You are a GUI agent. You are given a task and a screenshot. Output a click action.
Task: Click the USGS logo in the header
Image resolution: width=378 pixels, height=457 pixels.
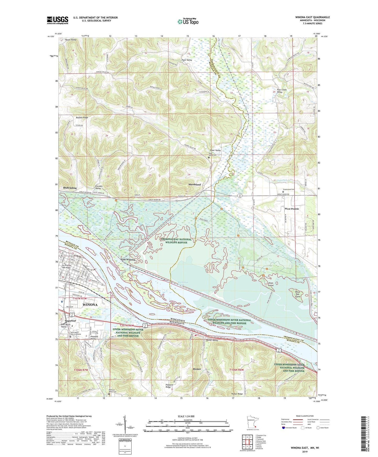pos(58,20)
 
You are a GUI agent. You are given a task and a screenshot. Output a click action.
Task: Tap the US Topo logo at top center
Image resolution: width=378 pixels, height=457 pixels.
pos(188,21)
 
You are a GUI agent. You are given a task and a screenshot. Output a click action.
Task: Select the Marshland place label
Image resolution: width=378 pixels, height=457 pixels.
pos(195,185)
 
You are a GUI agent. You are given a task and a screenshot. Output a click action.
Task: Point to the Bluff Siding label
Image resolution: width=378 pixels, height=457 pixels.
pos(70,188)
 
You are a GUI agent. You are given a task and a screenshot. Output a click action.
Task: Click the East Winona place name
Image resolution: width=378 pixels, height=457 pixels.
pos(128,260)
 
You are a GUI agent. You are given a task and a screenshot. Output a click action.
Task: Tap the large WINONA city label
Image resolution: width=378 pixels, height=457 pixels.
pos(90,305)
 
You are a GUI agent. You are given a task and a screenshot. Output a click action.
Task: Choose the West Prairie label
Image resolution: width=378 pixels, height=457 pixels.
pos(292,209)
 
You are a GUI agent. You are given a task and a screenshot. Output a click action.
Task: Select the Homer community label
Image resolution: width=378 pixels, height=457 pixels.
pos(197,369)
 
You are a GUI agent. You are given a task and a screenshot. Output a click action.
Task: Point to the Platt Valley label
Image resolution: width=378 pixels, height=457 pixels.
pos(187,60)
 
